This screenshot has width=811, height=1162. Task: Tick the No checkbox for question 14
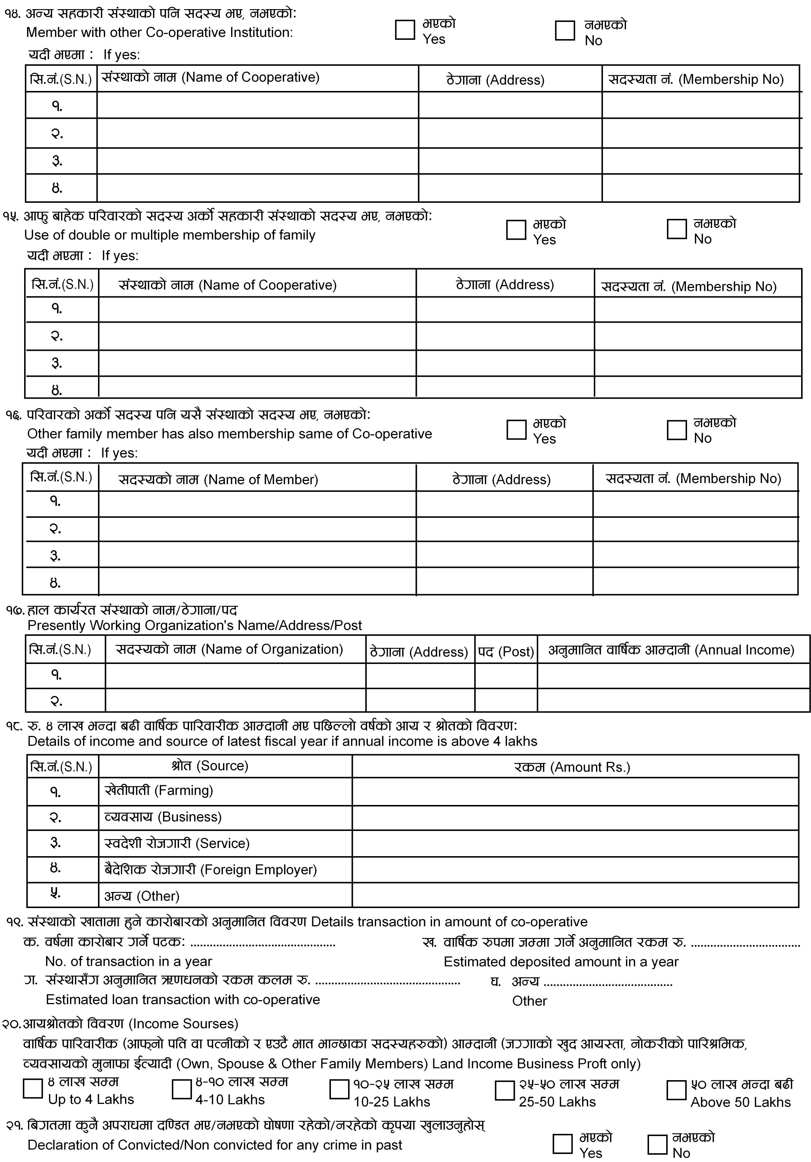click(565, 30)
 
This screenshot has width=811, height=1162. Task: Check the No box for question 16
click(676, 430)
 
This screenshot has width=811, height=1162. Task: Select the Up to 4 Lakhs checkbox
click(33, 1088)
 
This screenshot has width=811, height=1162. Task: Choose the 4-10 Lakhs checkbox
click(181, 1089)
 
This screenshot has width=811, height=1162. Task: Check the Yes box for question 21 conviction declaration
click(562, 1144)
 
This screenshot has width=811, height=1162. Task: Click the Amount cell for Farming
click(575, 791)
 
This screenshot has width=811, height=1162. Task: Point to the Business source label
click(163, 817)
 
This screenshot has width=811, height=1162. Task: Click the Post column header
click(506, 652)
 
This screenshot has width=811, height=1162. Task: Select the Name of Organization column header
click(230, 649)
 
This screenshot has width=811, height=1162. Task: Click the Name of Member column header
click(218, 479)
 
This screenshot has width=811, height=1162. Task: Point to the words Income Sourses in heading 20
click(184, 1024)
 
